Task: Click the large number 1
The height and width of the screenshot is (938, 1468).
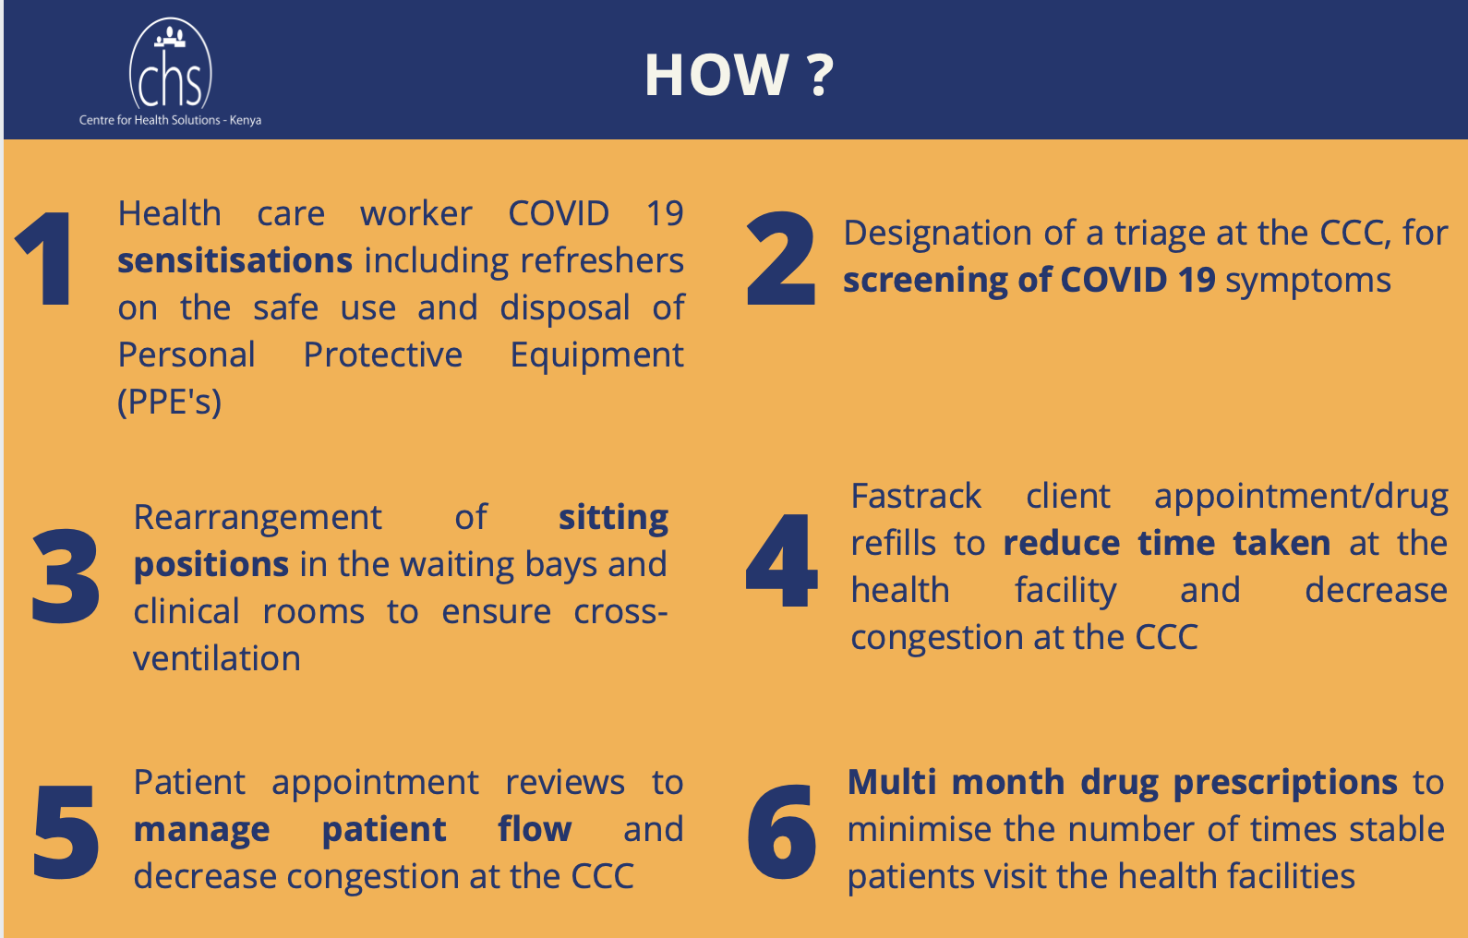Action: (46, 259)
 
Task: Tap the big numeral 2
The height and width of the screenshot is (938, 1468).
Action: (780, 259)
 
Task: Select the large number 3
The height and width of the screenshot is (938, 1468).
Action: (66, 575)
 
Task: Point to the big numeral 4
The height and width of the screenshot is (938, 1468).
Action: (781, 561)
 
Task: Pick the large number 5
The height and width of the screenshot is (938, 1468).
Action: (66, 831)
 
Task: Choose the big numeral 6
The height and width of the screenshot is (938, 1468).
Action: (782, 831)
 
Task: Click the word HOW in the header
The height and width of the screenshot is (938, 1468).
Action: (717, 76)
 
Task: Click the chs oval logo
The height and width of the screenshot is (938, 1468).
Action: (171, 65)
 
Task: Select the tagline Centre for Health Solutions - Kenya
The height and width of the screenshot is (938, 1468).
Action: (171, 120)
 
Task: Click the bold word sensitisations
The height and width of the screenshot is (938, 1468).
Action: (235, 261)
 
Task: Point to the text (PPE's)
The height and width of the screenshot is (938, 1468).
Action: (169, 402)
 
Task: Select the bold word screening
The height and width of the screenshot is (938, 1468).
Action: (925, 282)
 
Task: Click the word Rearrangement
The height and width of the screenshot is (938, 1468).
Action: (258, 519)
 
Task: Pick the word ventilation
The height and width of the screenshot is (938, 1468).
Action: (217, 659)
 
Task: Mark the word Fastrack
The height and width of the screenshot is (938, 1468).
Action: (916, 496)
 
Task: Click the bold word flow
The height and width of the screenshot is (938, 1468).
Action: (535, 829)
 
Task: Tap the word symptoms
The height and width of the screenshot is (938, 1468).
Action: (1308, 282)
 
